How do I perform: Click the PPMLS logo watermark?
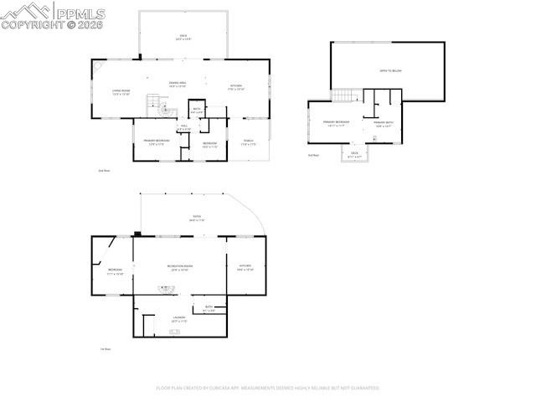[54, 15]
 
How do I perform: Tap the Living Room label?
[121, 92]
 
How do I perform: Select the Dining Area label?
[178, 84]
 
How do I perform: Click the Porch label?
[249, 142]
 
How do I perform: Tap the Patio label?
[197, 218]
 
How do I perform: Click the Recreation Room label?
[180, 268]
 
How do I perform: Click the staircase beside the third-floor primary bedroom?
[345, 95]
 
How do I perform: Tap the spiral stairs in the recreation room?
[167, 289]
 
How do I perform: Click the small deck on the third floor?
[354, 154]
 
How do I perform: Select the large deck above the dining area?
[183, 37]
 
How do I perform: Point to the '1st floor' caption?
[106, 349]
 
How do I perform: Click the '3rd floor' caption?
[314, 156]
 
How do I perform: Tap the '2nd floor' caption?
[105, 170]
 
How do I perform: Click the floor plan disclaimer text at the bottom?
[268, 388]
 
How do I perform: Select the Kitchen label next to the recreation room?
[245, 268]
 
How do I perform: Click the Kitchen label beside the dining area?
[237, 87]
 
